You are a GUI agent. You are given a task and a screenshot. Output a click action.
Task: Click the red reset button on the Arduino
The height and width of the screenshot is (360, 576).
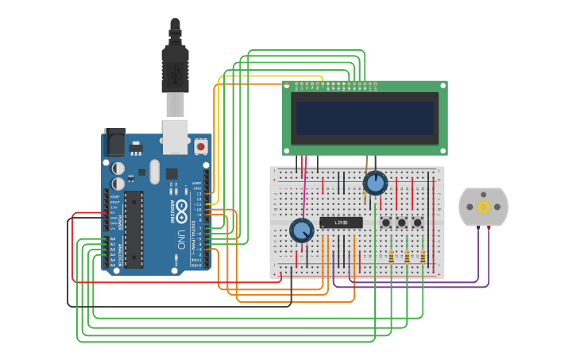(x=200, y=146)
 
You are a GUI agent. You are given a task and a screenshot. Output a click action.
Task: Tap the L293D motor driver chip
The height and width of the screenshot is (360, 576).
(x=341, y=223)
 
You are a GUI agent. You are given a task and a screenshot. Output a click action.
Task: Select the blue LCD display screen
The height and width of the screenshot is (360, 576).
(x=365, y=118)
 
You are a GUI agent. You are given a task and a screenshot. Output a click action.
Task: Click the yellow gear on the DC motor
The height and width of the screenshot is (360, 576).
(x=483, y=207)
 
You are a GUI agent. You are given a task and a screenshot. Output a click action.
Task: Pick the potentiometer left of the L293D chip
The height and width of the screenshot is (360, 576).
(x=302, y=230)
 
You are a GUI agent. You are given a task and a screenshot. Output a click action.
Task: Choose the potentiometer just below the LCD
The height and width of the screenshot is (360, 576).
(x=375, y=184)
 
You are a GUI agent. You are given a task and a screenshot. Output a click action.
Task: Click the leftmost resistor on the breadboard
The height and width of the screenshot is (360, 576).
(x=391, y=256)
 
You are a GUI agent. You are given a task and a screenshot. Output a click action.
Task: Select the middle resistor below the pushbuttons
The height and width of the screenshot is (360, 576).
(x=407, y=256)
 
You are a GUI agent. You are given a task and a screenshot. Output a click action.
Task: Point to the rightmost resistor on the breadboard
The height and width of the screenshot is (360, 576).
(x=423, y=256)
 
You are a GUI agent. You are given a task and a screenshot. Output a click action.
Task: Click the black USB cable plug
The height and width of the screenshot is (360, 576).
(x=175, y=68)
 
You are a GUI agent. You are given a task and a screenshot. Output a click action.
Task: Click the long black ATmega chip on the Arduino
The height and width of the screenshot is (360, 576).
(x=133, y=229)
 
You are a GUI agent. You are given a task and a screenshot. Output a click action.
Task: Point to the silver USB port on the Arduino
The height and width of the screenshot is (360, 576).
(x=175, y=135)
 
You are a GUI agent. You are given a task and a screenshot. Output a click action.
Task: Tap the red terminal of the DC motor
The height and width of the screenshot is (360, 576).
(x=489, y=228)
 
